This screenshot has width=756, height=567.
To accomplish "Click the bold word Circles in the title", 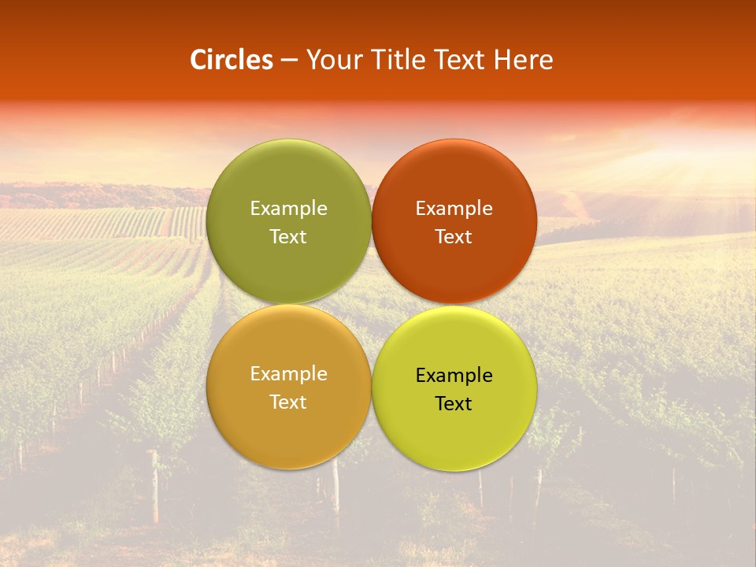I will [x=231, y=60].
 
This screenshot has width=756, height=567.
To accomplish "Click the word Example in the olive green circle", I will [x=288, y=209].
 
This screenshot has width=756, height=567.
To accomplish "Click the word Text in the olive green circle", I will [x=288, y=237].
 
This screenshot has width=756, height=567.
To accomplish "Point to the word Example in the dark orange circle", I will [x=454, y=209].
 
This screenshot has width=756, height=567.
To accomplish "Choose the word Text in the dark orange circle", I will [x=454, y=237].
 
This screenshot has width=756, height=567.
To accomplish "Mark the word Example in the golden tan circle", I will [x=288, y=374].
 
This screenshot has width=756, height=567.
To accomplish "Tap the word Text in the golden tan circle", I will [x=288, y=402].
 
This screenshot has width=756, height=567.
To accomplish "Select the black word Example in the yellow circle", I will [x=454, y=376].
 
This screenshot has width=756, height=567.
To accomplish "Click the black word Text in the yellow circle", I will [x=454, y=404].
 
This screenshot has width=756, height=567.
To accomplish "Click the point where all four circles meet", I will [x=371, y=304].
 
